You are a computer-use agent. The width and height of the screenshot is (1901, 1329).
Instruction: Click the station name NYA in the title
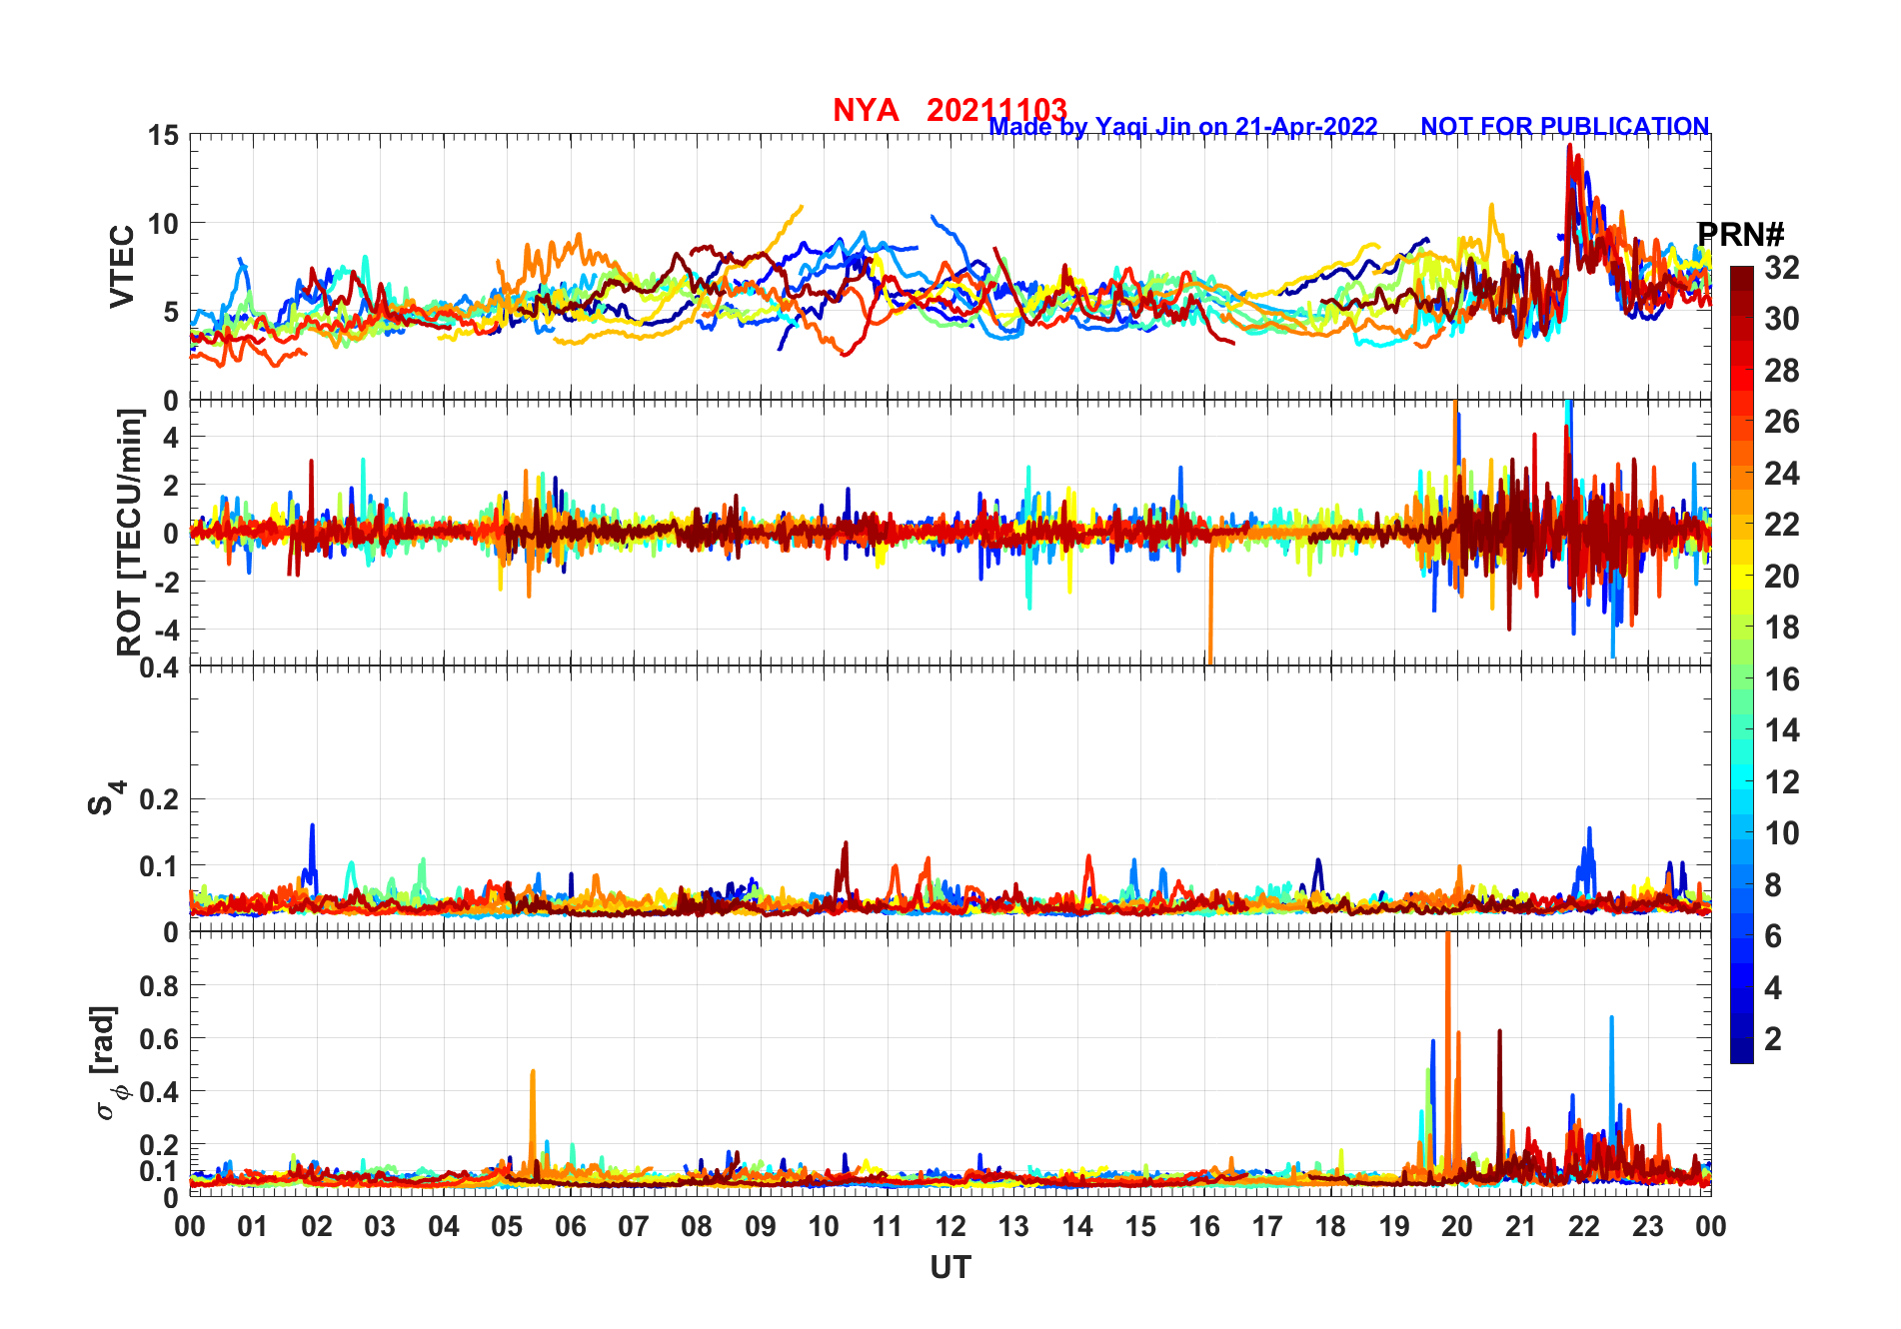[x=865, y=110]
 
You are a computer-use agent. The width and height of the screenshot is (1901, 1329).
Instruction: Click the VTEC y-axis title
[x=122, y=266]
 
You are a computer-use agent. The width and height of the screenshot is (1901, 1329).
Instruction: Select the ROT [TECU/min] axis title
[x=130, y=532]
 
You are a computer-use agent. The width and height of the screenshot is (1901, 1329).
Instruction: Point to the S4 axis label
[x=105, y=798]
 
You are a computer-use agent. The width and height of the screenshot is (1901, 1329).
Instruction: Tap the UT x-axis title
[x=950, y=1268]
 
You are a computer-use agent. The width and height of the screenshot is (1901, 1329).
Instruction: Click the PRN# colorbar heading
[x=1740, y=235]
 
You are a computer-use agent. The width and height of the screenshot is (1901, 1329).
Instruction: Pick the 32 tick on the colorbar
[x=1781, y=268]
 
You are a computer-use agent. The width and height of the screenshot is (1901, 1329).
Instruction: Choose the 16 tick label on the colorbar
[x=1781, y=679]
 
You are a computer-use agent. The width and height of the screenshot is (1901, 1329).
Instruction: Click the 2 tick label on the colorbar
[x=1772, y=1039]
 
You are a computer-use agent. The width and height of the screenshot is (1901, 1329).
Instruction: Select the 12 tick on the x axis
[x=950, y=1227]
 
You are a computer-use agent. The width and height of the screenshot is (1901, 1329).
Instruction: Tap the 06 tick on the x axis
[x=570, y=1227]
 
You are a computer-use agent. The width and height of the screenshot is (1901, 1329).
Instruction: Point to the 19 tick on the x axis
[x=1393, y=1227]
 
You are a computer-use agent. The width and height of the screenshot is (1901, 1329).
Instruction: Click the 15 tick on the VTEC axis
[x=163, y=135]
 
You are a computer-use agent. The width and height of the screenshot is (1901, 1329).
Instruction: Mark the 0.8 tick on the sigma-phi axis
[x=159, y=985]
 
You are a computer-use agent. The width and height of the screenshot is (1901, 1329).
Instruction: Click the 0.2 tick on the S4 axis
[x=159, y=799]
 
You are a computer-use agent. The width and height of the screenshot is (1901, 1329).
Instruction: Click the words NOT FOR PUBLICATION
[x=1564, y=127]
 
